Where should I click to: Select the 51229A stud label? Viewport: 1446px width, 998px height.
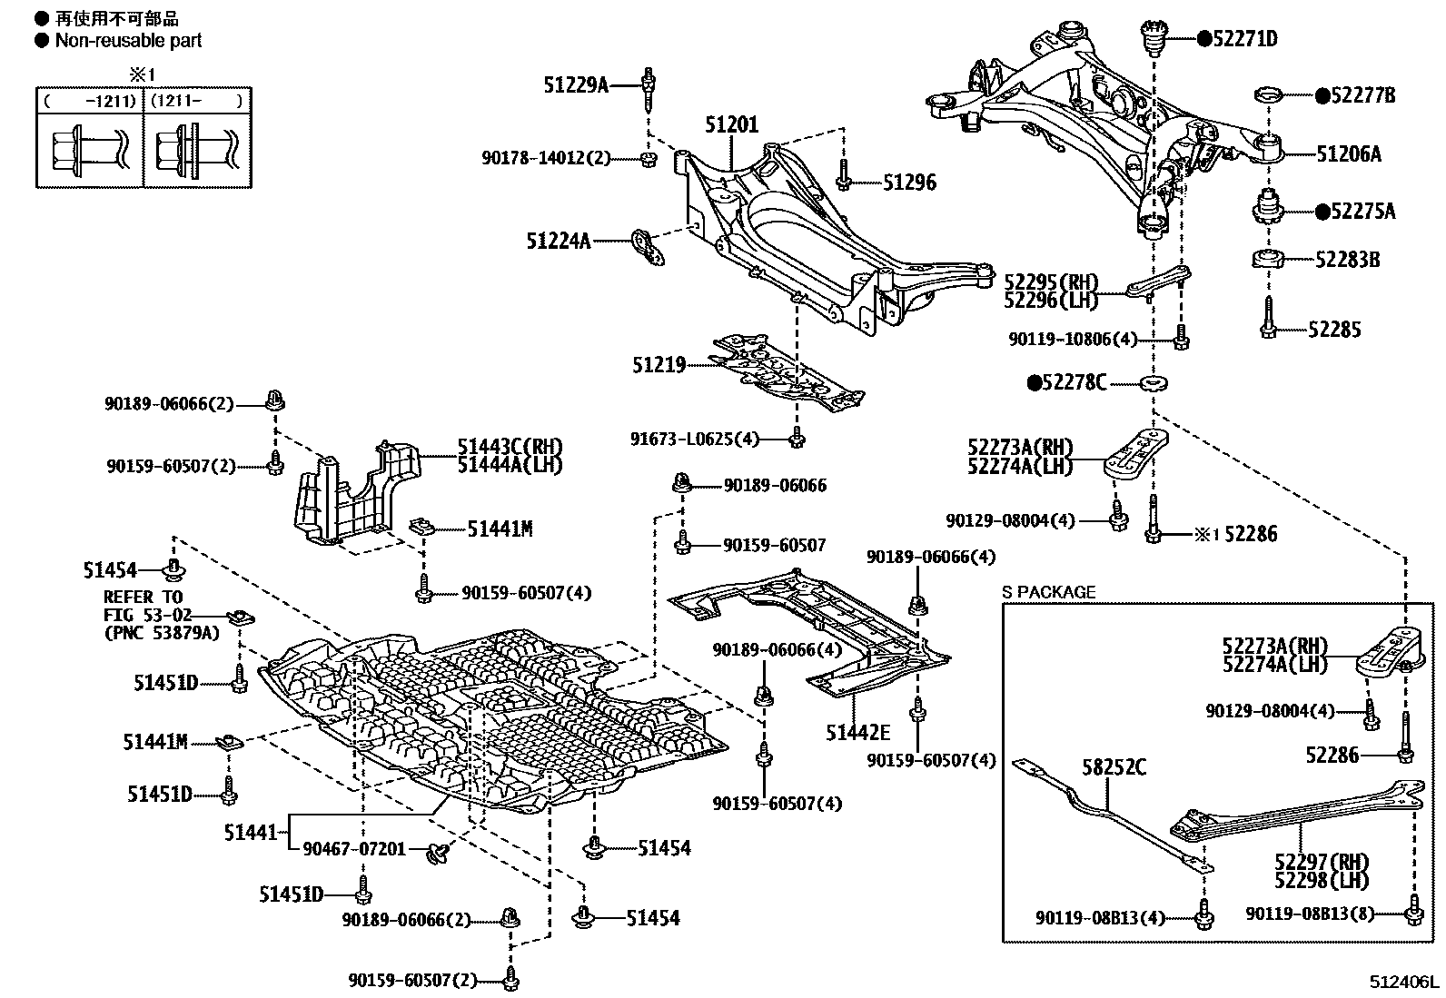coord(576,85)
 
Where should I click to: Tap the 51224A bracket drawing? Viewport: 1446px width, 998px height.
coord(646,247)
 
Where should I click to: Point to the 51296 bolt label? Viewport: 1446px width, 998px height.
coord(909,183)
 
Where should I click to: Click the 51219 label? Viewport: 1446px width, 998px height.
coord(659,365)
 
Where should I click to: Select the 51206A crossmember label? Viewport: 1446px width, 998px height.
coord(1348,154)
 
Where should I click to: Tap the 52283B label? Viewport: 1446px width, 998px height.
coord(1347,261)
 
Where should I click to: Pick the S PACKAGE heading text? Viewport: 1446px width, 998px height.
coord(1048,592)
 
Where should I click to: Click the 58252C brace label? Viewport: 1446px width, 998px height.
coord(1114,768)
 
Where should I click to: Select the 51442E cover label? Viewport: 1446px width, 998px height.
coord(857,732)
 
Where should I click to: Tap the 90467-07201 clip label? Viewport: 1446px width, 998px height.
coord(354,848)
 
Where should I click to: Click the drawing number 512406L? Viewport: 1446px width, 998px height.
coord(1405,983)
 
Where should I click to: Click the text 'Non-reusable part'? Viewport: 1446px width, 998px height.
coord(128,40)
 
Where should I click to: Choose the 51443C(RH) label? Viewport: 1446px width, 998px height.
coord(510,447)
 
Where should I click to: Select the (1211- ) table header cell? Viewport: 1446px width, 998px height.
coord(197,101)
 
